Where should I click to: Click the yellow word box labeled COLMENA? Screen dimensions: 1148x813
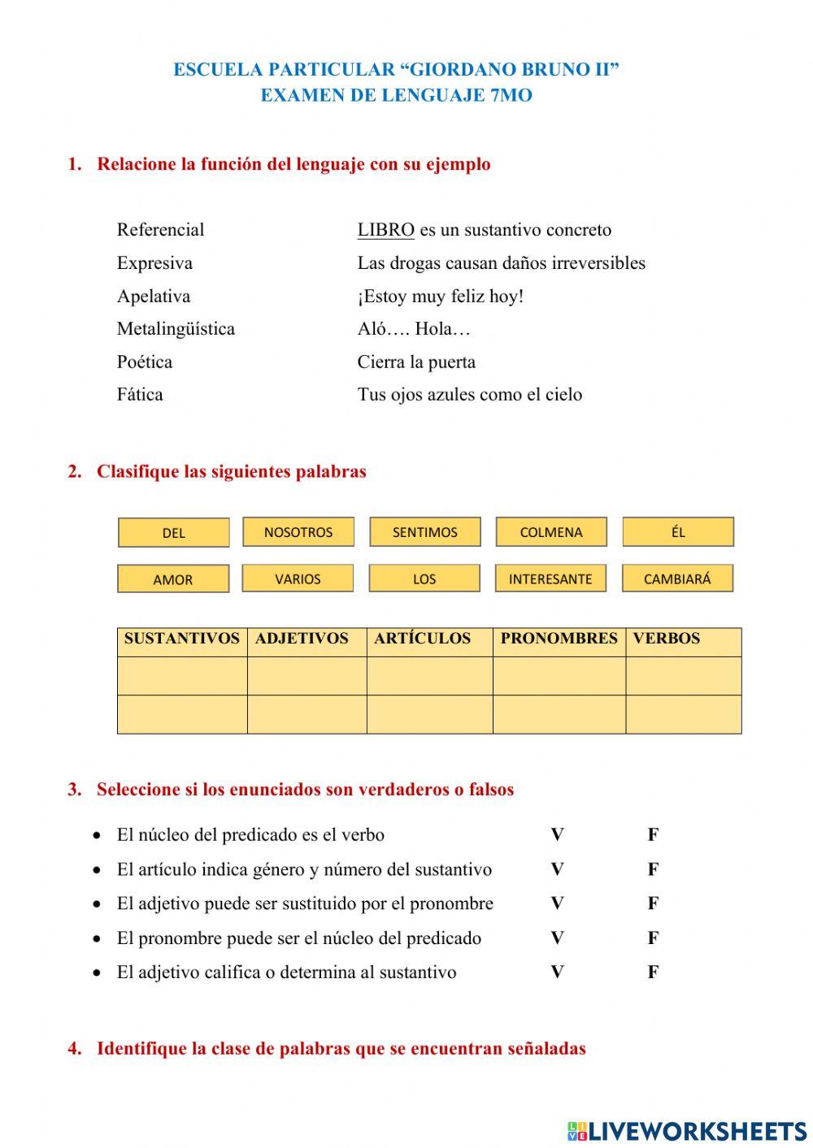tap(551, 532)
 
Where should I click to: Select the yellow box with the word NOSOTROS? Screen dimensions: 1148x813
tap(298, 532)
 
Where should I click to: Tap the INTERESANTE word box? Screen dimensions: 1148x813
tap(550, 579)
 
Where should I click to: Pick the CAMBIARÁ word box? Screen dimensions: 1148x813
tap(677, 579)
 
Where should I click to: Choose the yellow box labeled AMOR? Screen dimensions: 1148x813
tap(173, 580)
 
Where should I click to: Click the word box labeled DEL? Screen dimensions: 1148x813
tap(173, 533)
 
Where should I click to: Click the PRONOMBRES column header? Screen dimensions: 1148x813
tap(559, 639)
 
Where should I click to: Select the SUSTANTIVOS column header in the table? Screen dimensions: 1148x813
tap(182, 639)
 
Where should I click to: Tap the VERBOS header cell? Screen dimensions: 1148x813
tap(667, 639)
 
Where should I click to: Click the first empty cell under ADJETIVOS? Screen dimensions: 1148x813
tap(307, 676)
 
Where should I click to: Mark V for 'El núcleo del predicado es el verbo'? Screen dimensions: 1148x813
tap(557, 834)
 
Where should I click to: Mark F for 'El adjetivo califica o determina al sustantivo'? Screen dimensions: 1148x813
tap(653, 972)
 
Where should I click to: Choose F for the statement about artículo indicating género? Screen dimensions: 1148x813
tap(653, 869)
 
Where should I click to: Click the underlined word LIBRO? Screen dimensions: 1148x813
tap(386, 230)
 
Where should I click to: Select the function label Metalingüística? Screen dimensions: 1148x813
tap(176, 329)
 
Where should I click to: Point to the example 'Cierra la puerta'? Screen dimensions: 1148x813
tap(416, 362)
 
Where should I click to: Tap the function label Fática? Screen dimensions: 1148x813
tap(140, 395)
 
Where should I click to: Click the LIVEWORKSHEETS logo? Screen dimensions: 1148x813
tap(686, 1130)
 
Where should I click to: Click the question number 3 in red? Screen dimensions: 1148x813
tap(75, 790)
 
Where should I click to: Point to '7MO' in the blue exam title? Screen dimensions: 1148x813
tap(511, 95)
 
